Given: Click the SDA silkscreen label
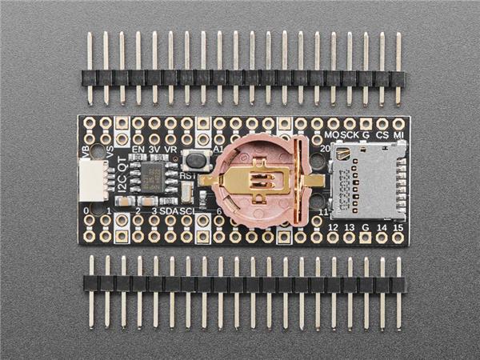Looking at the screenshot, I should [x=169, y=211].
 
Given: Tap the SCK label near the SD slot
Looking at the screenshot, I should [x=350, y=134].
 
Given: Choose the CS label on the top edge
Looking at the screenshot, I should [x=382, y=134].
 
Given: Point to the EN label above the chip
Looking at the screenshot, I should [x=137, y=150].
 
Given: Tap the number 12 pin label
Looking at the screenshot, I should [x=334, y=227].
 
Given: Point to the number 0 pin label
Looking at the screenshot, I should [x=86, y=211].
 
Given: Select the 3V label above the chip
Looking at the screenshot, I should [x=153, y=150].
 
